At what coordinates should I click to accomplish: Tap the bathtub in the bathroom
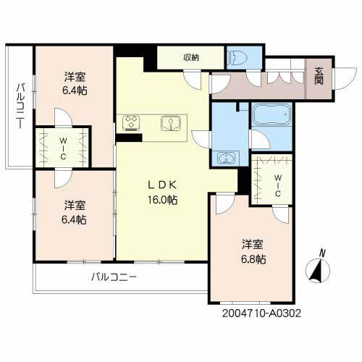pyautogui.click(x=271, y=116)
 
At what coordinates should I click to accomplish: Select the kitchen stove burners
pyautogui.click(x=132, y=123)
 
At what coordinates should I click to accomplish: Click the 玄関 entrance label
pyautogui.click(x=319, y=75)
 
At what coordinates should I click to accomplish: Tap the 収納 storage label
pyautogui.click(x=191, y=57)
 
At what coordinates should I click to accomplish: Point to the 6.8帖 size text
pyautogui.click(x=253, y=259)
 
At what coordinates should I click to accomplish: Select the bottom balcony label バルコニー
pyautogui.click(x=114, y=277)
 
